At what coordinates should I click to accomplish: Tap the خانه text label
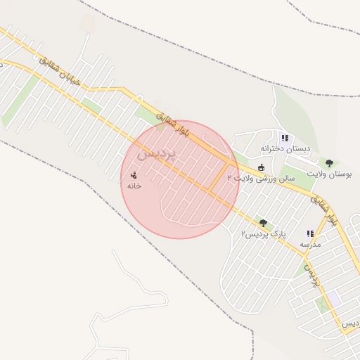coord(134,186)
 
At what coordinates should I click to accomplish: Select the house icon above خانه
coord(134,174)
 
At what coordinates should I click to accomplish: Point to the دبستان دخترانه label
coord(285,148)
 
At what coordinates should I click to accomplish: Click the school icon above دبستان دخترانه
coord(285,138)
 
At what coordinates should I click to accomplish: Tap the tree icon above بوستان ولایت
coord(328,161)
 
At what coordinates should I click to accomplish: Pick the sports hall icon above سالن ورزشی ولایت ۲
coord(262,167)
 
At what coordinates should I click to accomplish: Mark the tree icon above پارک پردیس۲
coord(263,223)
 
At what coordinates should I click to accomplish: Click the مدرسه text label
coord(310,244)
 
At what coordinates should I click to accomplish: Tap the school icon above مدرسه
coord(309,233)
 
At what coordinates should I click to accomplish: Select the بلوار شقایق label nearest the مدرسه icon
coord(324,211)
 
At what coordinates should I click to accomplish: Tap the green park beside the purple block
coord(323,305)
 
